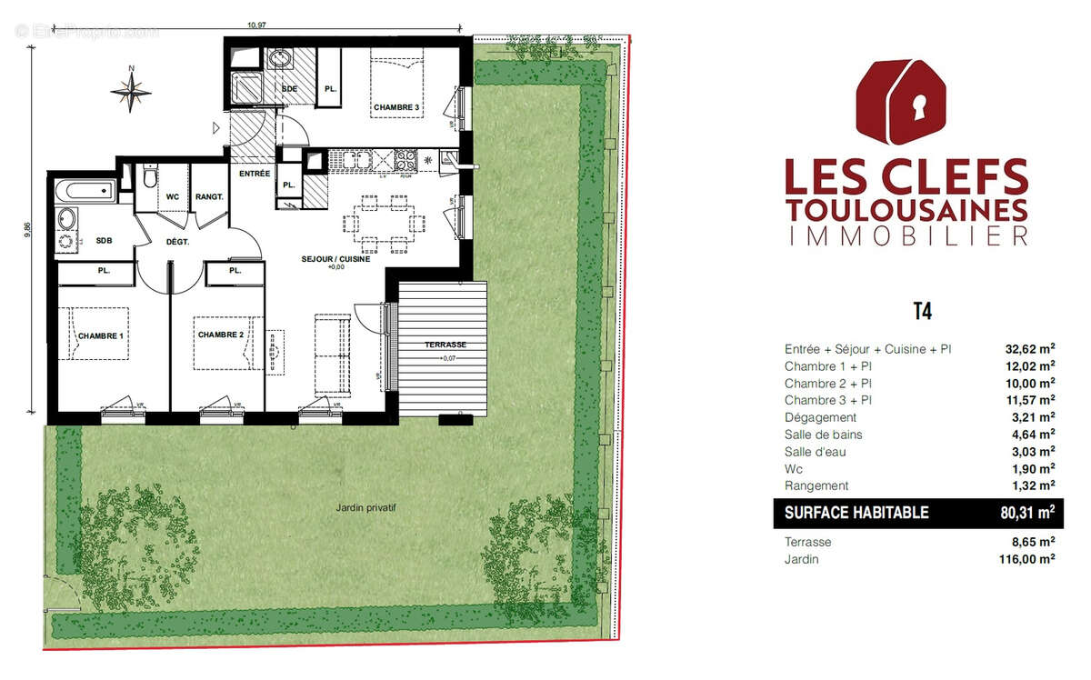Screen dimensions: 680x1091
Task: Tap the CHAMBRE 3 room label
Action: tap(396, 108)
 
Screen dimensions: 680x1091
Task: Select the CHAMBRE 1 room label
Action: tap(101, 336)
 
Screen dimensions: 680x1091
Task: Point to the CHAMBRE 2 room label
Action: tap(221, 335)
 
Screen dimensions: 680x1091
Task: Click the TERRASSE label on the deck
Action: tap(445, 345)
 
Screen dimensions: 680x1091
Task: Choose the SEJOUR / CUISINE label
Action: tap(335, 259)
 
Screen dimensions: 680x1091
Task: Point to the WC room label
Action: tap(172, 196)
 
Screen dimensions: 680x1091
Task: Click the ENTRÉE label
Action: tap(254, 174)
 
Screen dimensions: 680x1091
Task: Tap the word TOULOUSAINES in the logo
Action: tap(906, 209)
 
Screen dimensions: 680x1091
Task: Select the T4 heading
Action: tap(921, 312)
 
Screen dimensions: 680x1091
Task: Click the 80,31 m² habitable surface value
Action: tap(1026, 513)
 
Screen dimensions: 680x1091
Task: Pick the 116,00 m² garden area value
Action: tap(1026, 559)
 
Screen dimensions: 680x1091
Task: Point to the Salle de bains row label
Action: tap(823, 435)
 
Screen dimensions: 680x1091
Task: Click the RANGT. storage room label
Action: tap(209, 196)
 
